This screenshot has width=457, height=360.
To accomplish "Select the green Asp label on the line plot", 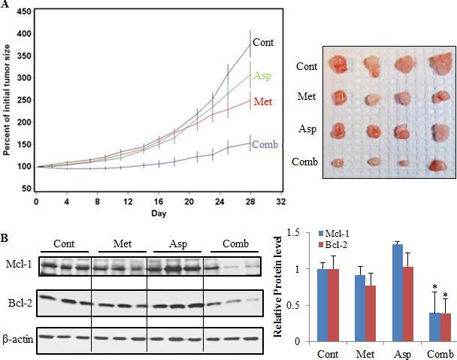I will tap(262, 75).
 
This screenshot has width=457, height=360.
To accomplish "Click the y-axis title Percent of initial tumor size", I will tap(7, 100).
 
